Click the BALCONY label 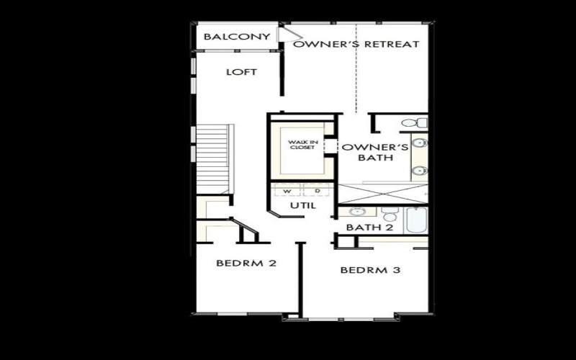pos(237,37)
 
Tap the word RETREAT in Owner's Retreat pos(392,44)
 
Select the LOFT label pos(241,72)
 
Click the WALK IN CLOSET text pos(302,145)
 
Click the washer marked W pos(288,191)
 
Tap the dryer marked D pos(317,191)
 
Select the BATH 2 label pos(369,228)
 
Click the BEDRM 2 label pos(246,263)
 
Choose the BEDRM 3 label pos(370,271)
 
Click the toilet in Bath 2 pos(390,214)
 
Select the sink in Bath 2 pos(356,212)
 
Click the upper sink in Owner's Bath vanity pos(420,143)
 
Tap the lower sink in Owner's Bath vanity pos(420,171)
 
